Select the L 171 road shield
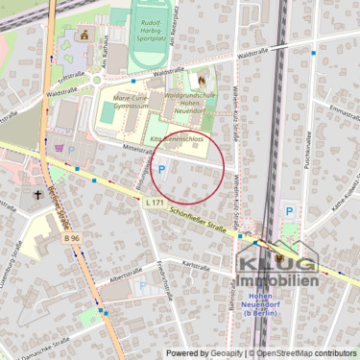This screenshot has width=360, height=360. [154, 202]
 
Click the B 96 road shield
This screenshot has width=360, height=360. [70, 236]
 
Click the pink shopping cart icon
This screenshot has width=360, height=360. [60, 148]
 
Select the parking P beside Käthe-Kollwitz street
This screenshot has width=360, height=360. [289, 211]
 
